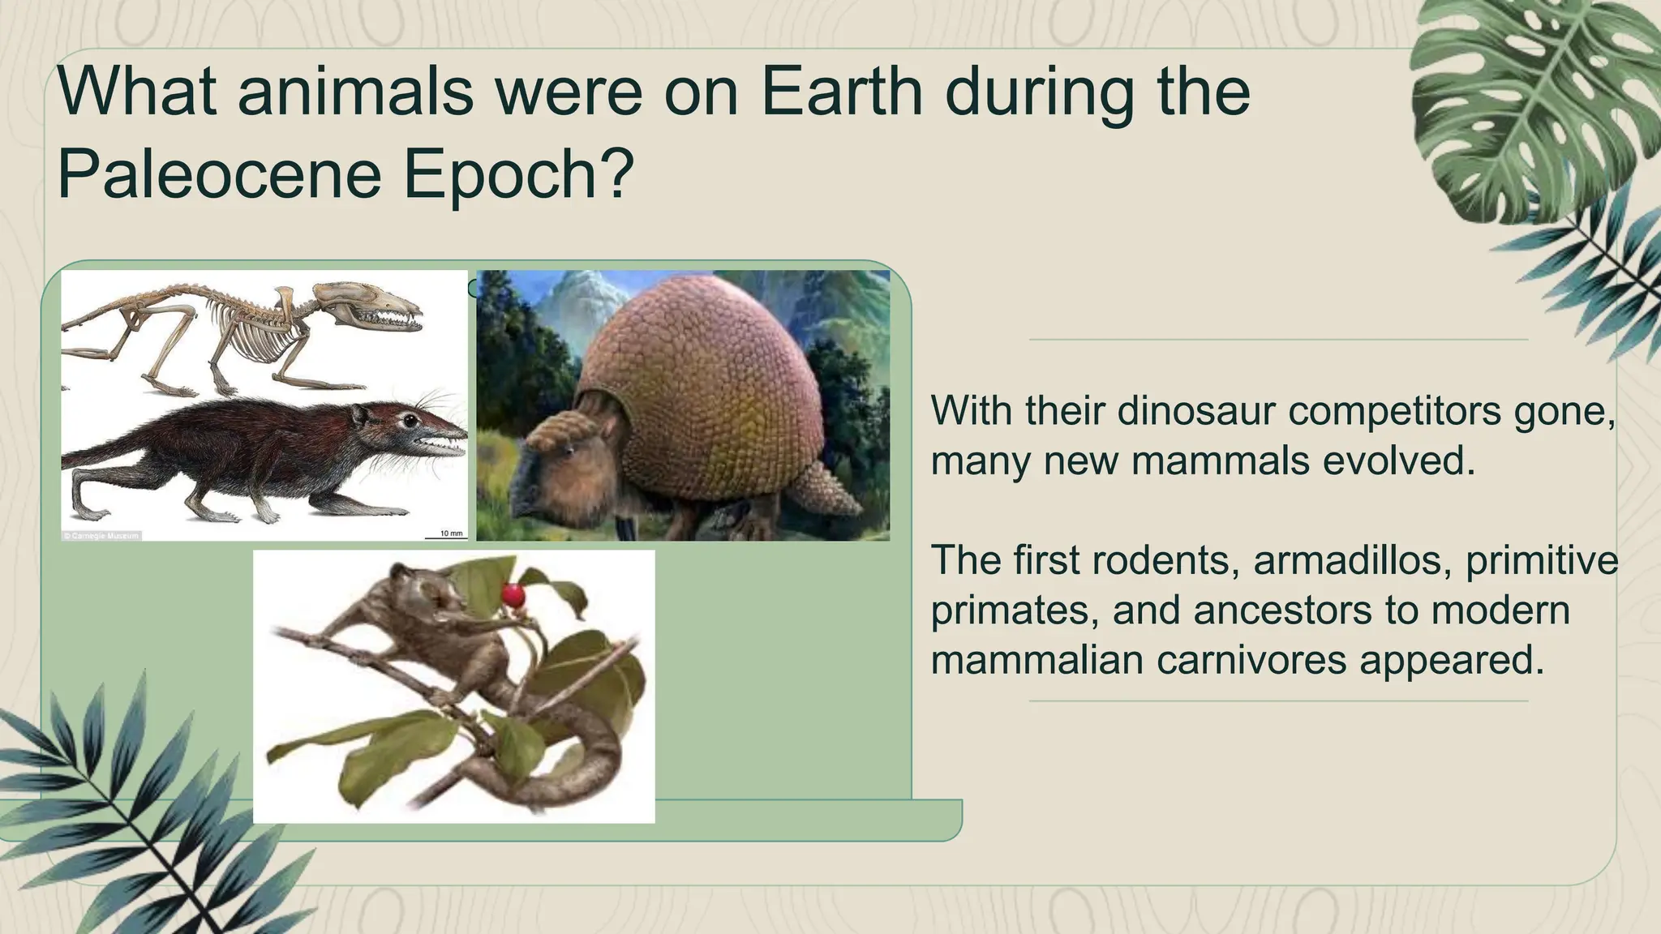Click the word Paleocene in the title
[x=219, y=174]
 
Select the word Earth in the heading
[x=842, y=92]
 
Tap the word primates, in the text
[x=1014, y=610]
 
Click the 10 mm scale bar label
[x=451, y=533]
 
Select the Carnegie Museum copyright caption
[x=101, y=536]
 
